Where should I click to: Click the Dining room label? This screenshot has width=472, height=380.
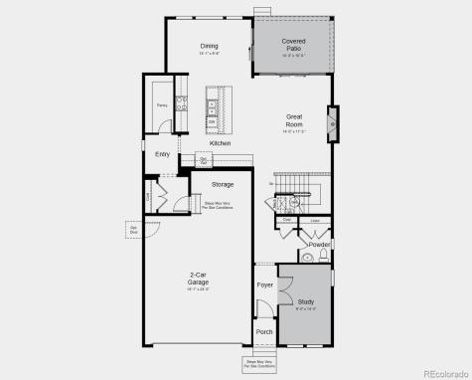click(209, 46)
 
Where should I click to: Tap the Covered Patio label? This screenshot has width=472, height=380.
click(293, 45)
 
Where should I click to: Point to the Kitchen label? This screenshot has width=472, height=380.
click(220, 143)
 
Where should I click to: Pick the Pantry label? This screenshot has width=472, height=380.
click(161, 103)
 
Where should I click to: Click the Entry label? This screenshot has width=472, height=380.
click(162, 154)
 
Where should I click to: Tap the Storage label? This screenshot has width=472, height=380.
click(222, 184)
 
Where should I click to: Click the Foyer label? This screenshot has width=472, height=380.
click(265, 285)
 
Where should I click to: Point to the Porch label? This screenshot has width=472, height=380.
click(264, 331)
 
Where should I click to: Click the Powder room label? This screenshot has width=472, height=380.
click(319, 244)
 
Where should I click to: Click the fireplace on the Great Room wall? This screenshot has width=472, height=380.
click(332, 125)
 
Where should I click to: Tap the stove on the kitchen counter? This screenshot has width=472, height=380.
click(181, 100)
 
